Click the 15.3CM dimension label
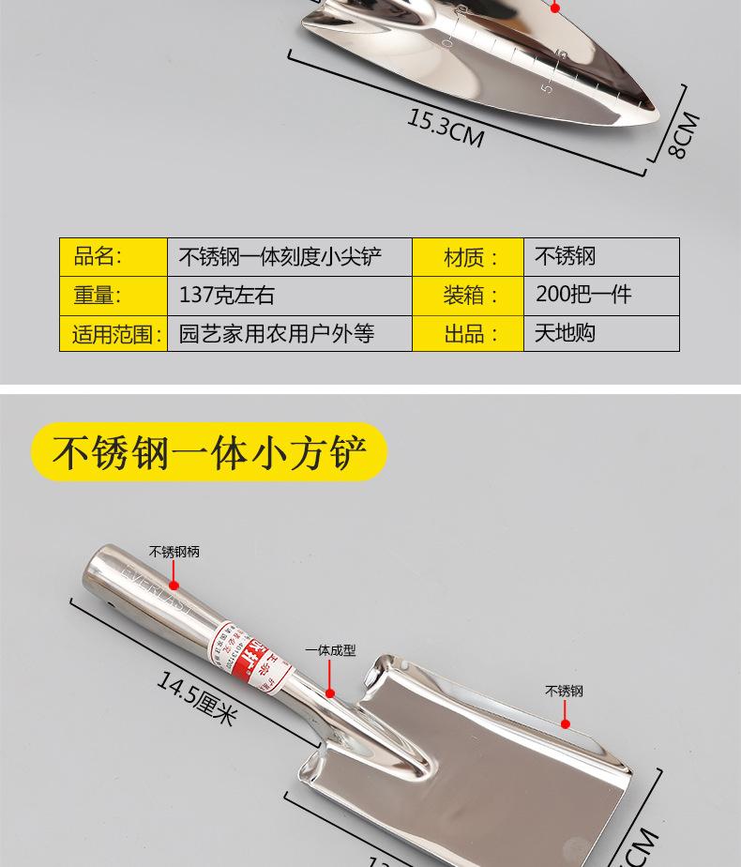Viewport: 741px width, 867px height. (446, 129)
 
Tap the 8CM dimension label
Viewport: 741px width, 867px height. (686, 135)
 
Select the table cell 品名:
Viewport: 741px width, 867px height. (98, 256)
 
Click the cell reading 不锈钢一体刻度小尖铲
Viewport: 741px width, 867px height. (280, 256)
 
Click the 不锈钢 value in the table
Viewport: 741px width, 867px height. (565, 256)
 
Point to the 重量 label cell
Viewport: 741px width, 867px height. (98, 295)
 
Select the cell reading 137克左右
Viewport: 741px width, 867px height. (226, 295)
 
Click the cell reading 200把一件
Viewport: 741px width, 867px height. (583, 295)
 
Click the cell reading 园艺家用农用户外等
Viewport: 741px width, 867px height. (276, 333)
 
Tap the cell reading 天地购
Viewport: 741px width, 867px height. (565, 333)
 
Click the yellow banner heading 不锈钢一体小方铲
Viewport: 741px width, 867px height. (209, 451)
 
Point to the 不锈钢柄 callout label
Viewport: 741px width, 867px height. (174, 552)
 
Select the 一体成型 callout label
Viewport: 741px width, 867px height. (330, 649)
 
